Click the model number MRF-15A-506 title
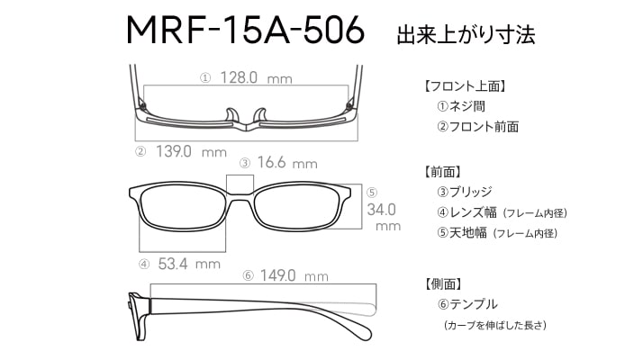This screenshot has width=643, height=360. (245, 30)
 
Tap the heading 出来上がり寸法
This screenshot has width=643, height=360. (466, 35)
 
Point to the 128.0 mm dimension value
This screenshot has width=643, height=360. (256, 77)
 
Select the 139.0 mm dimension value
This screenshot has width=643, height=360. (191, 152)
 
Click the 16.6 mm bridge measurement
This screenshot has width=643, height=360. (287, 163)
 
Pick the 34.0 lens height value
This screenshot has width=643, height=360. (381, 210)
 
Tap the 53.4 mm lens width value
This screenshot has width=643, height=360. (189, 264)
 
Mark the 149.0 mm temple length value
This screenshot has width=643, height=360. (294, 275)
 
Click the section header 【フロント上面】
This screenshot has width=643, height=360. (465, 86)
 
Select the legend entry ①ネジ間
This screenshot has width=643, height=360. (461, 106)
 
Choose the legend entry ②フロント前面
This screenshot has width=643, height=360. (477, 127)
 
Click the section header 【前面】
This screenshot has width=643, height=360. (442, 172)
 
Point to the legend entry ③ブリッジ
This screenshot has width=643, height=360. (464, 192)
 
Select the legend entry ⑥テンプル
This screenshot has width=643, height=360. (467, 304)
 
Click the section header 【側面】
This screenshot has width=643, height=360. (442, 283)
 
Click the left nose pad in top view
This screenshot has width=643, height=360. (231, 115)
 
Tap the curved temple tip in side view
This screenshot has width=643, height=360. (361, 327)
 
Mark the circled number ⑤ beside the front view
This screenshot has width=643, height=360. (372, 193)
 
